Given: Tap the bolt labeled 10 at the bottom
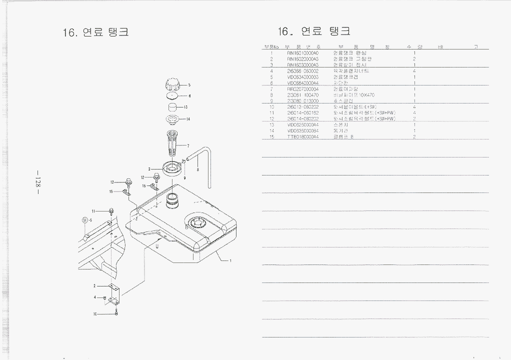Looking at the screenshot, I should pos(116,312).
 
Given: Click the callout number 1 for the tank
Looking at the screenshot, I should pos(230,260).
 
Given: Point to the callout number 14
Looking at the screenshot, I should pos(188,119).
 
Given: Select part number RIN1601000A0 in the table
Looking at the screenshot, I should pos(303,53).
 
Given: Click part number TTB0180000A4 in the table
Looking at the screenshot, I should pos(303,136).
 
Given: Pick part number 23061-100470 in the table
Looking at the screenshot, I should pos(303,95).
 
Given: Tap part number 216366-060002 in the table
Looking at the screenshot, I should pos(303,71).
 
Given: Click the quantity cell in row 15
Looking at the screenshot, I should pos(414,136).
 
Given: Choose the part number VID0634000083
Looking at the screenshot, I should pos(303,77).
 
